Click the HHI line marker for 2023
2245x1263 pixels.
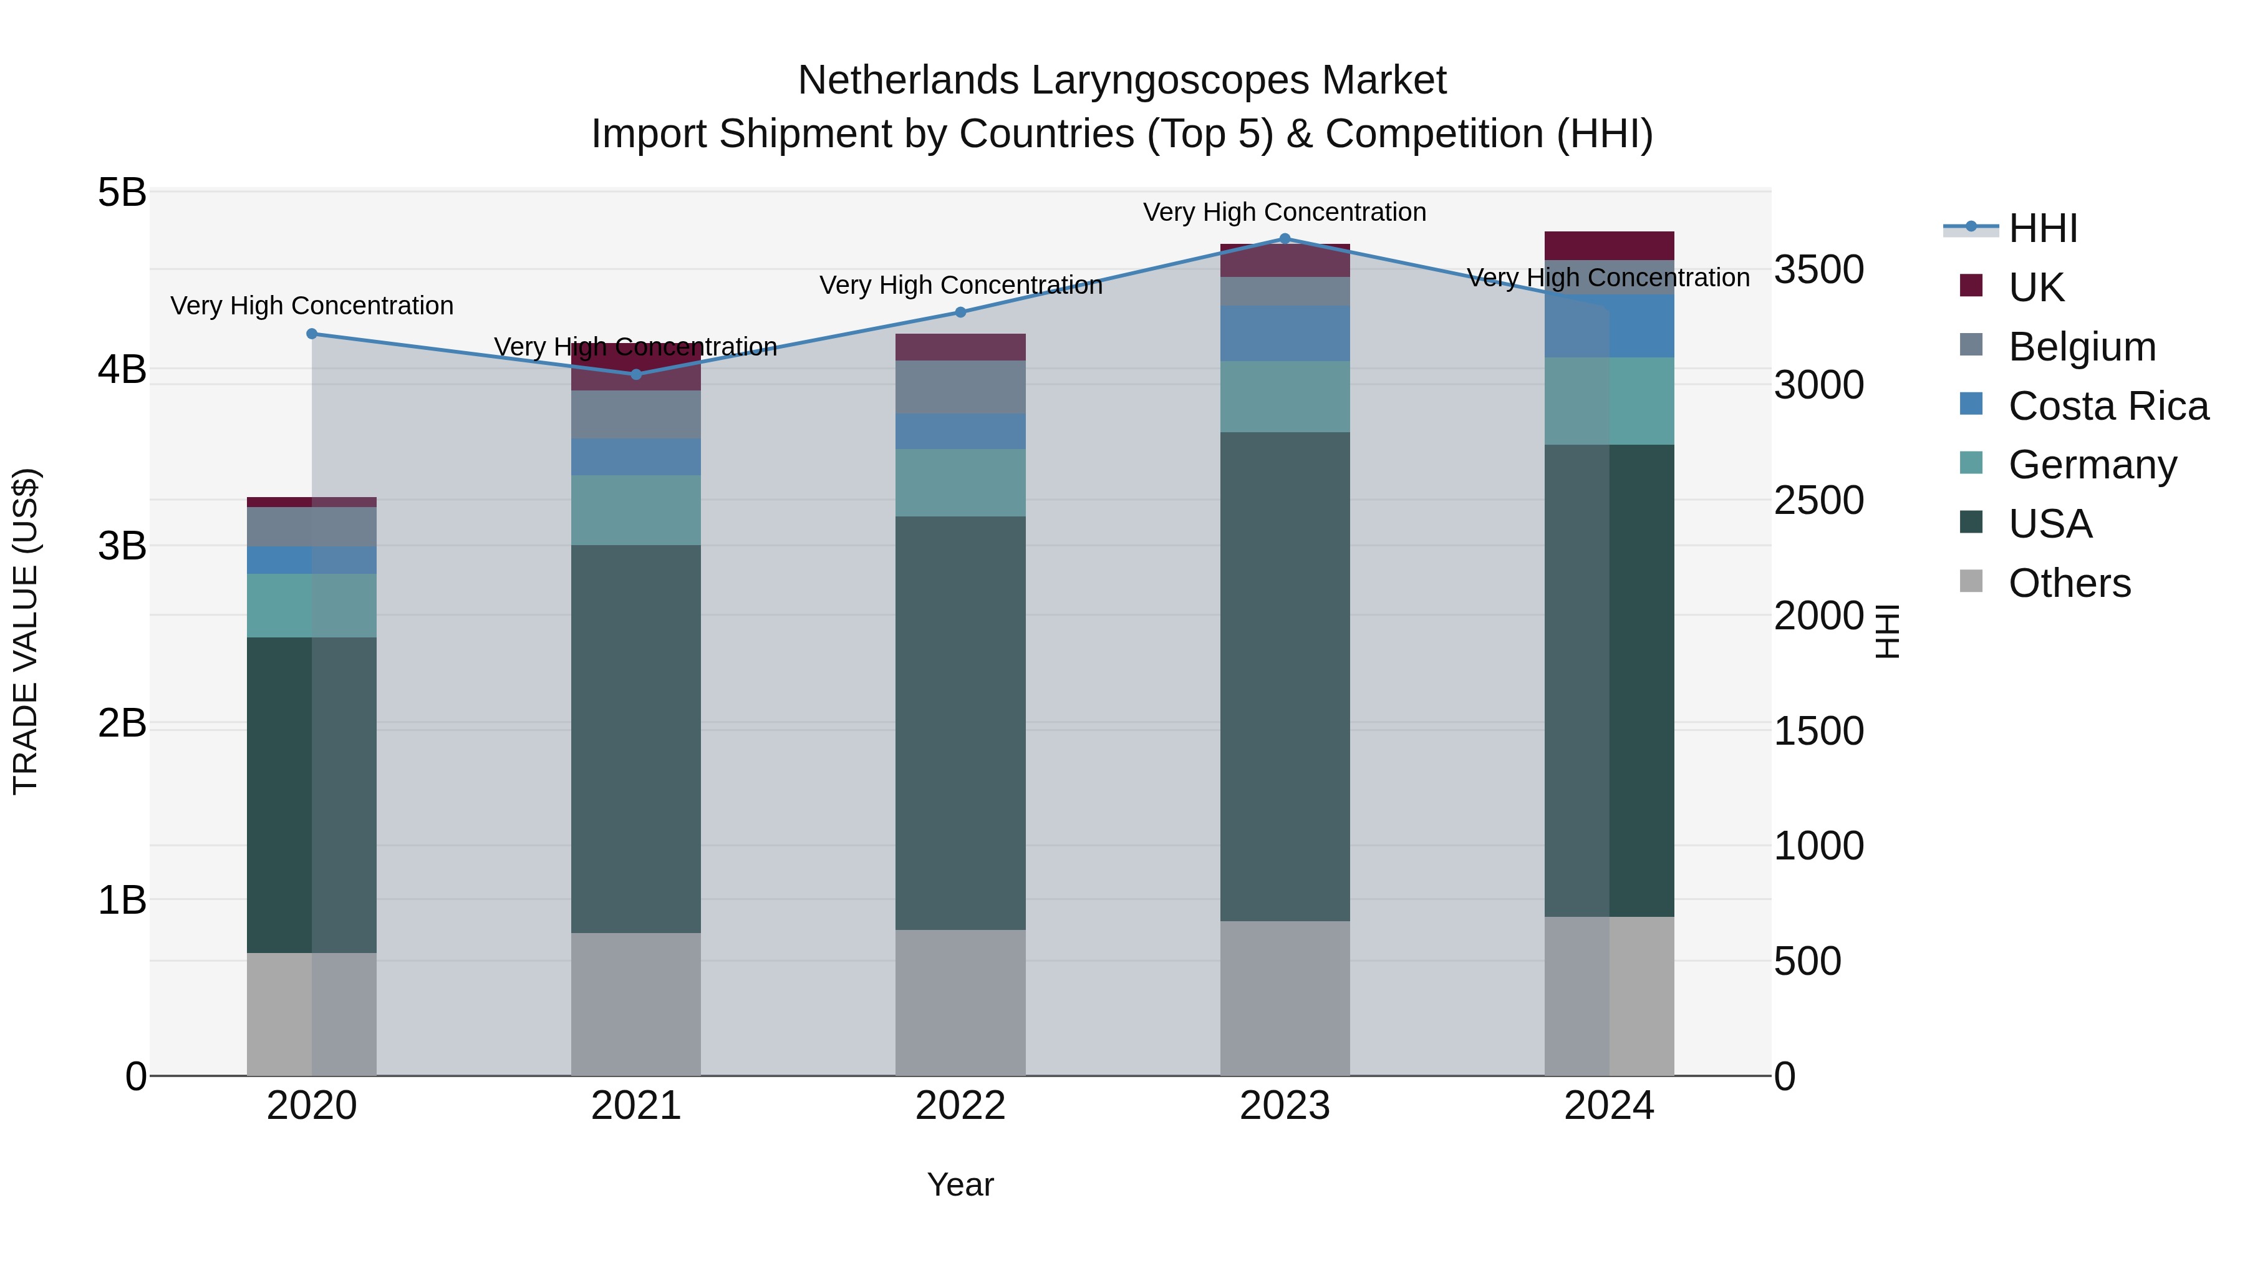coord(1285,238)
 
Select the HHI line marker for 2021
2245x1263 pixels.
coord(635,375)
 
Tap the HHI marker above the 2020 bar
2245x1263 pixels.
coord(312,334)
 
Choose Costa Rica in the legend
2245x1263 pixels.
coord(2107,406)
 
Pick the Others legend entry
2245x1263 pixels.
coord(2069,583)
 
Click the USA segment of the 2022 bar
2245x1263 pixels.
coord(960,723)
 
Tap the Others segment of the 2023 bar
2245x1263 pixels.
coord(1285,998)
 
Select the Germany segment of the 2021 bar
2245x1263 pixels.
coord(635,510)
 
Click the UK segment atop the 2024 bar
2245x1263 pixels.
coord(1609,246)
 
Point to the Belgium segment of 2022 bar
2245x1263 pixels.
coord(960,387)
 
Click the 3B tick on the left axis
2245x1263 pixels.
coord(122,546)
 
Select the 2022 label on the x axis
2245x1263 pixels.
coord(960,1106)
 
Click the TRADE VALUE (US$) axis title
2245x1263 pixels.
coord(26,631)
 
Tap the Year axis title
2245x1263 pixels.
coord(960,1184)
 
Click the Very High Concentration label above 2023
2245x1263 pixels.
coord(1285,212)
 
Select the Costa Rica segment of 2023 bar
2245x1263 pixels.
coord(1285,333)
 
